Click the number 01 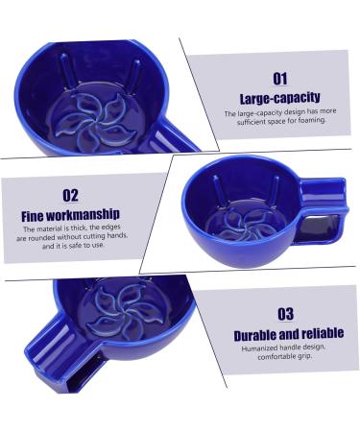click(x=279, y=78)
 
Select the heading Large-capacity click(x=279, y=98)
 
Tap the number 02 click(x=70, y=195)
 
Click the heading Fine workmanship click(x=70, y=215)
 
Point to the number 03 click(x=285, y=314)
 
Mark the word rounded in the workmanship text click(x=45, y=237)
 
